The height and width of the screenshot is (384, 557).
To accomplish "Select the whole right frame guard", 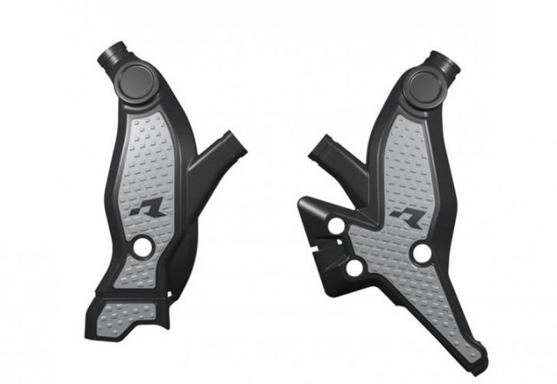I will click(x=404, y=209).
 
